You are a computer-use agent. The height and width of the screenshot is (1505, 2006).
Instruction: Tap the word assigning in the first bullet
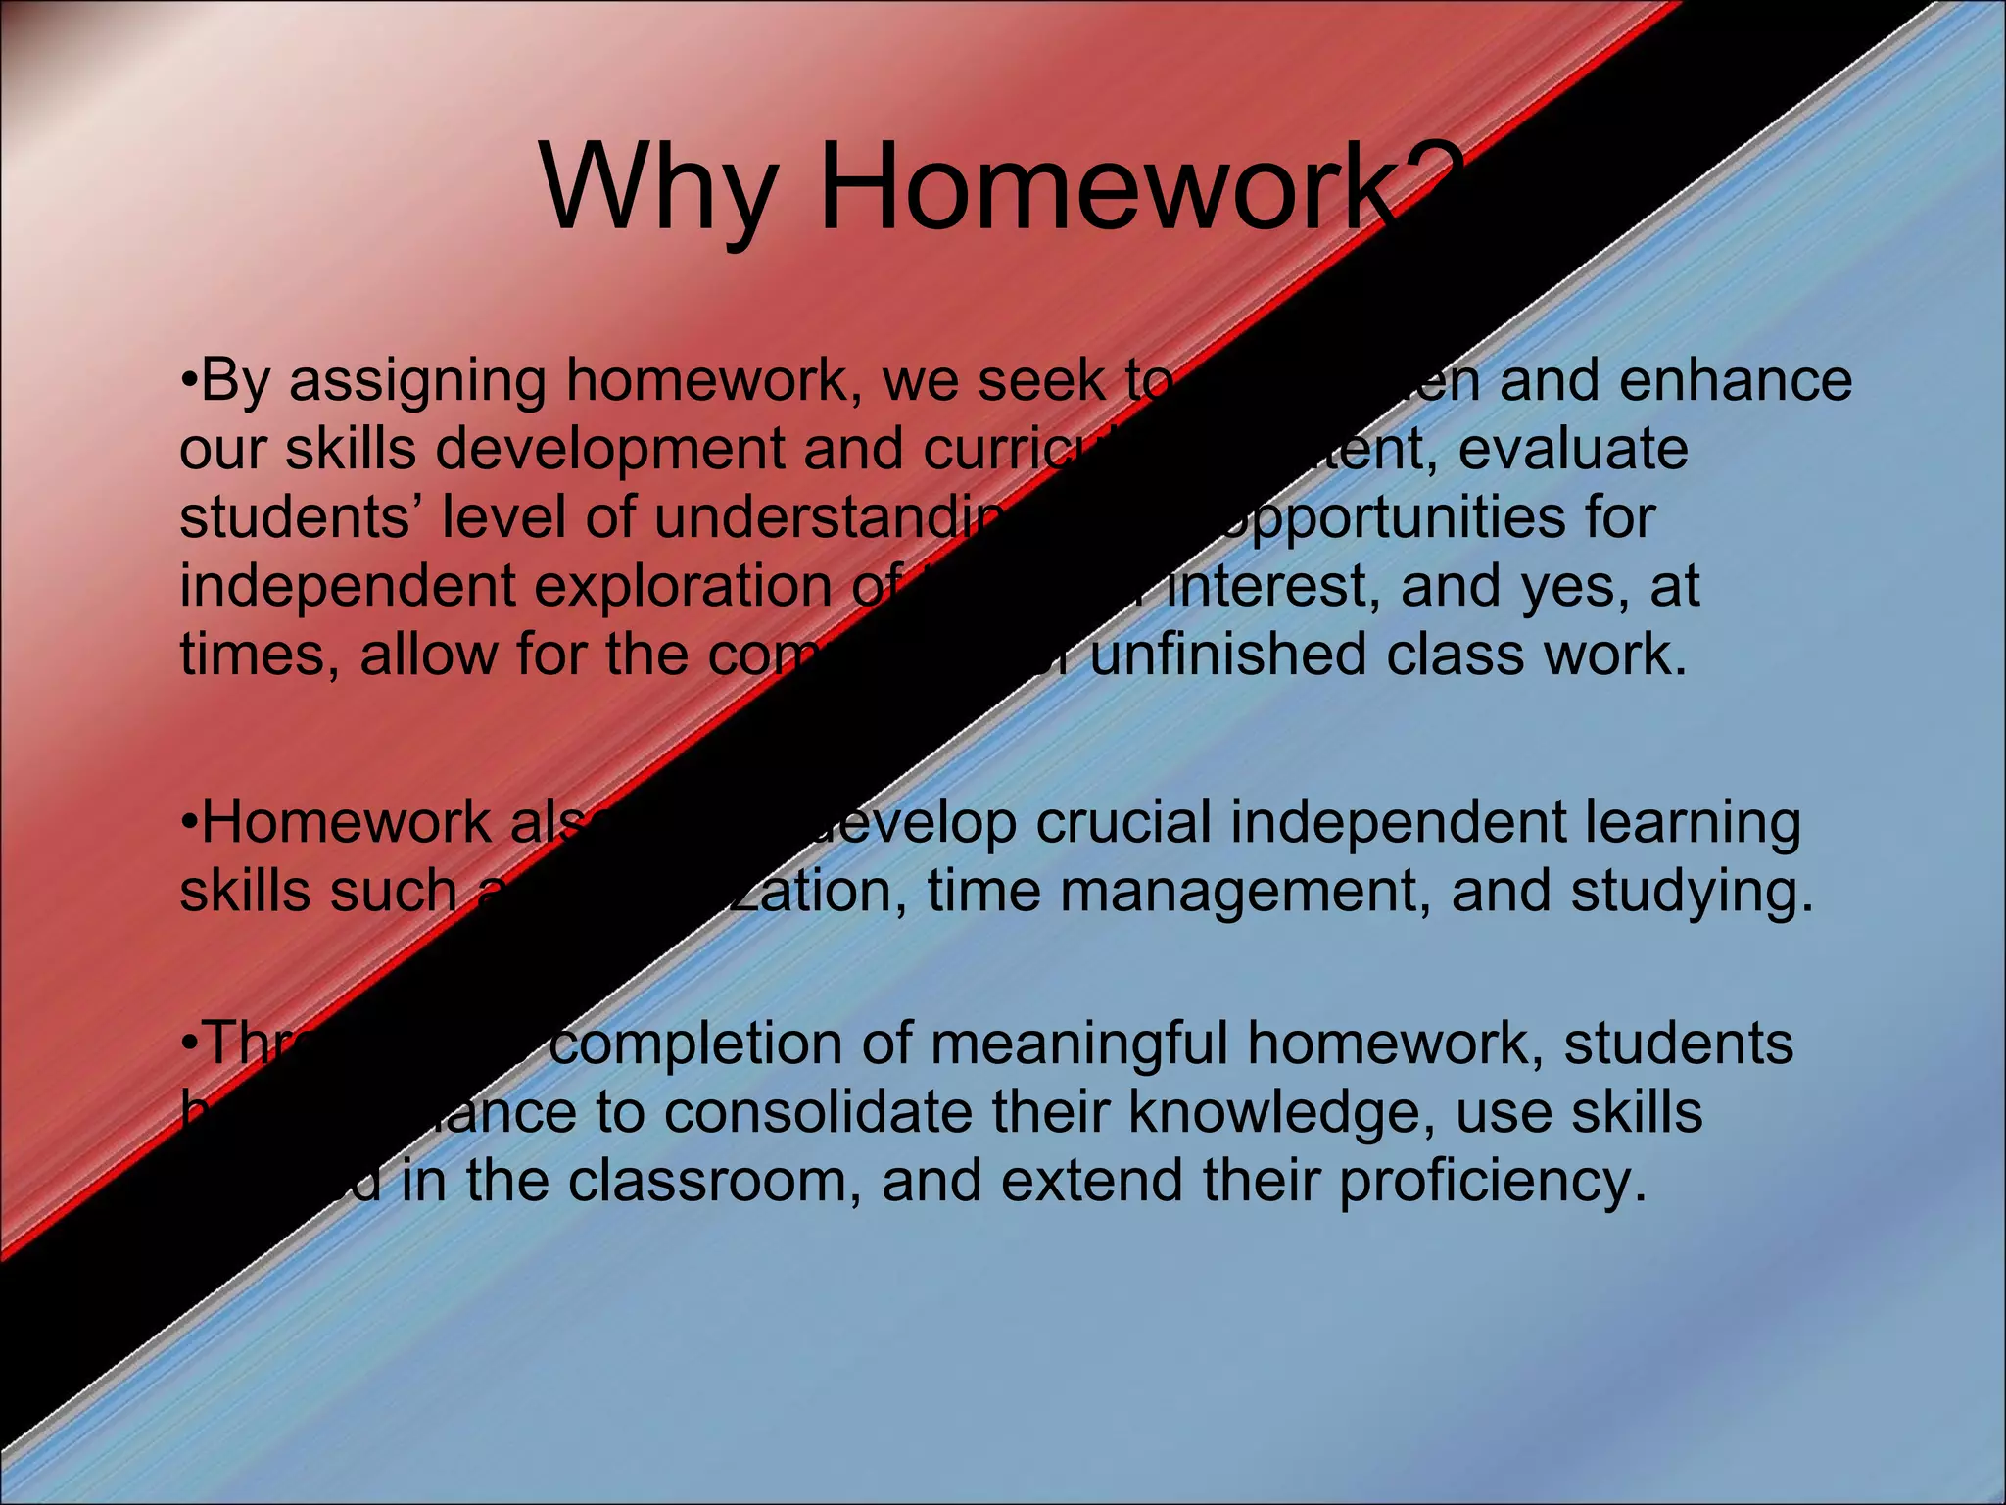(417, 382)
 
